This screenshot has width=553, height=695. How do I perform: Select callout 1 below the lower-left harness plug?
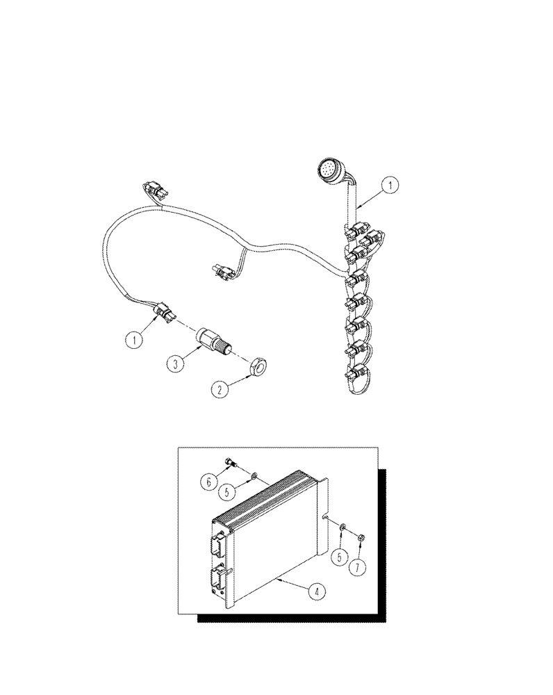pyautogui.click(x=134, y=340)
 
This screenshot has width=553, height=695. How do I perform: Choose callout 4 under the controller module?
pyautogui.click(x=316, y=593)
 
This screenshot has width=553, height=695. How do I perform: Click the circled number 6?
pyautogui.click(x=208, y=480)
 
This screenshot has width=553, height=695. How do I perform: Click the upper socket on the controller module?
pyautogui.click(x=220, y=541)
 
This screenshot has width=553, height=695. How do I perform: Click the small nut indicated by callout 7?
pyautogui.click(x=362, y=536)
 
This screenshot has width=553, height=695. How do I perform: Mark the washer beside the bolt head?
pyautogui.click(x=255, y=476)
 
